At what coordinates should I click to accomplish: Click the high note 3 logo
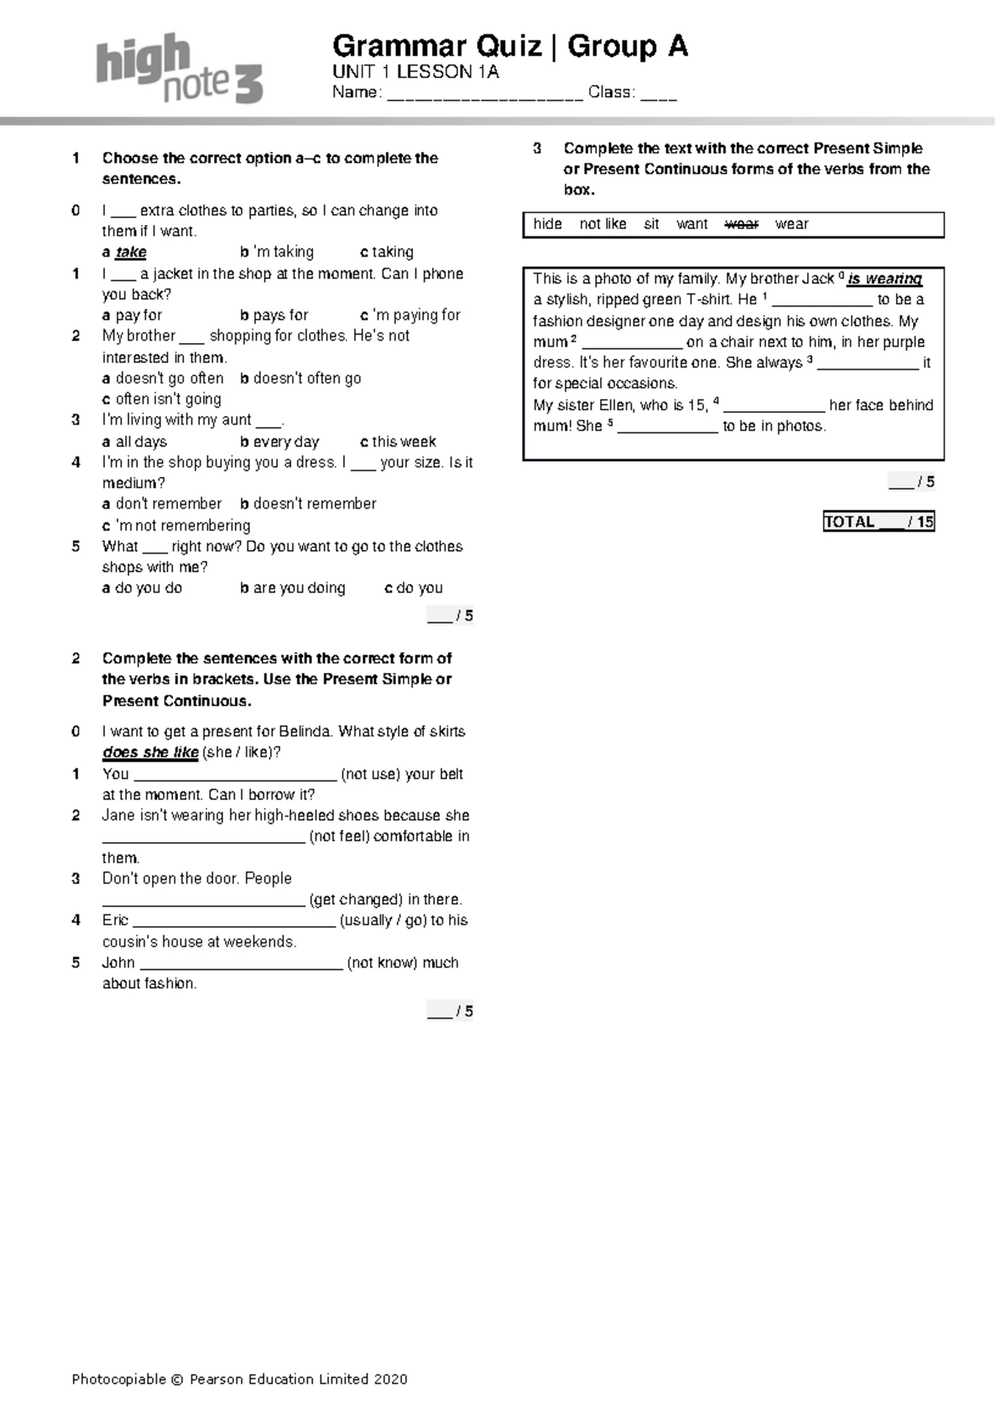[x=179, y=69]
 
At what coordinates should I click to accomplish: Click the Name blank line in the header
[x=485, y=94]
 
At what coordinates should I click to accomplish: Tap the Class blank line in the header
[x=659, y=94]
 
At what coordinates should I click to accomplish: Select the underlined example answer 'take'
[x=131, y=253]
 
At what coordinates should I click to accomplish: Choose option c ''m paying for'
[x=411, y=315]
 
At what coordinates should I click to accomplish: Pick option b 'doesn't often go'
[x=300, y=378]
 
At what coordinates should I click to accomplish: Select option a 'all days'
[x=135, y=442]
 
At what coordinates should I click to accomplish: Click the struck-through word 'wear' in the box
[x=741, y=225]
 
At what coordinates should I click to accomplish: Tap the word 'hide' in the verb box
[x=547, y=225]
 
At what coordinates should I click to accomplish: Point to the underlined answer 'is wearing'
[x=884, y=279]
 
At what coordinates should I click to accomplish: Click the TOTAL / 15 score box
[x=879, y=522]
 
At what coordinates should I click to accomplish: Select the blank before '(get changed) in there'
[x=203, y=901]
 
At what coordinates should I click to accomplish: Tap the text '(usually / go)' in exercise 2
[x=383, y=921]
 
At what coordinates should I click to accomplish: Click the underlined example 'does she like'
[x=150, y=753]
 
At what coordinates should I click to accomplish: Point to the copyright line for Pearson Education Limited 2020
[x=240, y=1379]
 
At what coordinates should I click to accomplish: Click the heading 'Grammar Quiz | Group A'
[x=510, y=46]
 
